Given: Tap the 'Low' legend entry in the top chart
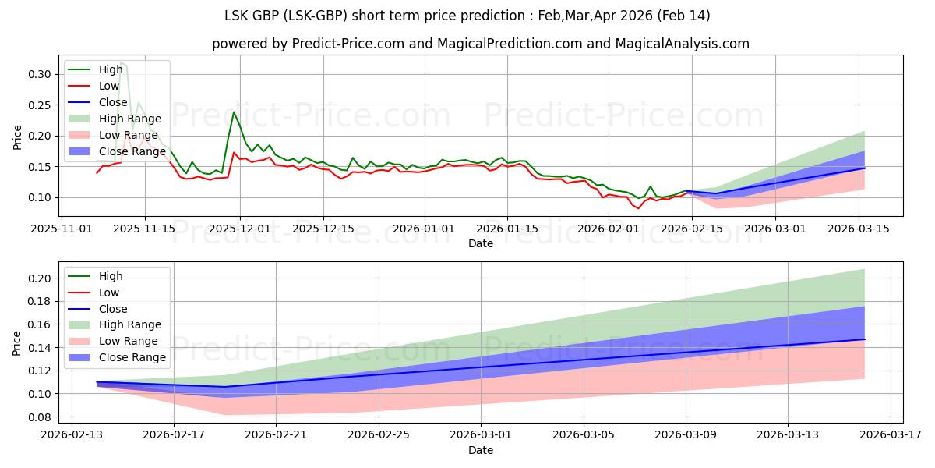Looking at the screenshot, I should (x=109, y=86).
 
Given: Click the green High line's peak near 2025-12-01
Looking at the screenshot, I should (x=234, y=112).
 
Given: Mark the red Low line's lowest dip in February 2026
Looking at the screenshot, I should (x=639, y=208).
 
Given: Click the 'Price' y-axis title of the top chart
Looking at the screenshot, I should (x=18, y=136).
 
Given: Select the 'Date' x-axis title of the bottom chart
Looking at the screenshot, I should (x=481, y=450).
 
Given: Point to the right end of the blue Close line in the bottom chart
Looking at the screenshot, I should (x=864, y=339).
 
